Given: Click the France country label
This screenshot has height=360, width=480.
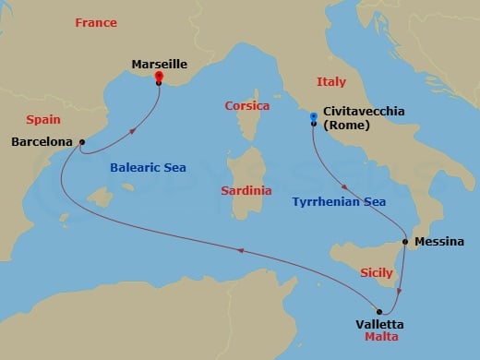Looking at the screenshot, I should click(x=96, y=22).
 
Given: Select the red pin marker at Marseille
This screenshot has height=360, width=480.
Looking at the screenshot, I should click(x=159, y=77).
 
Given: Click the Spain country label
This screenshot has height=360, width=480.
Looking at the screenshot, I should click(x=43, y=119).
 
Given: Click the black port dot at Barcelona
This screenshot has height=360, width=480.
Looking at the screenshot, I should click(x=82, y=142).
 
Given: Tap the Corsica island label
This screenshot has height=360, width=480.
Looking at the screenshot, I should click(x=247, y=106).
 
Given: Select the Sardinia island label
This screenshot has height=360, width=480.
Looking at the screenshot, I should click(x=246, y=191).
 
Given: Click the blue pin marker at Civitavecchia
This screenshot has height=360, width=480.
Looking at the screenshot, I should click(x=315, y=117).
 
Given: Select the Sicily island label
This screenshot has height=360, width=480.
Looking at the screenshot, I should click(x=375, y=274).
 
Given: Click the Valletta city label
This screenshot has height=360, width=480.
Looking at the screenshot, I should click(x=378, y=324).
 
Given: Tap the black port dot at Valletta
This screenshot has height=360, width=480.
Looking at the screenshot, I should click(x=379, y=310).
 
